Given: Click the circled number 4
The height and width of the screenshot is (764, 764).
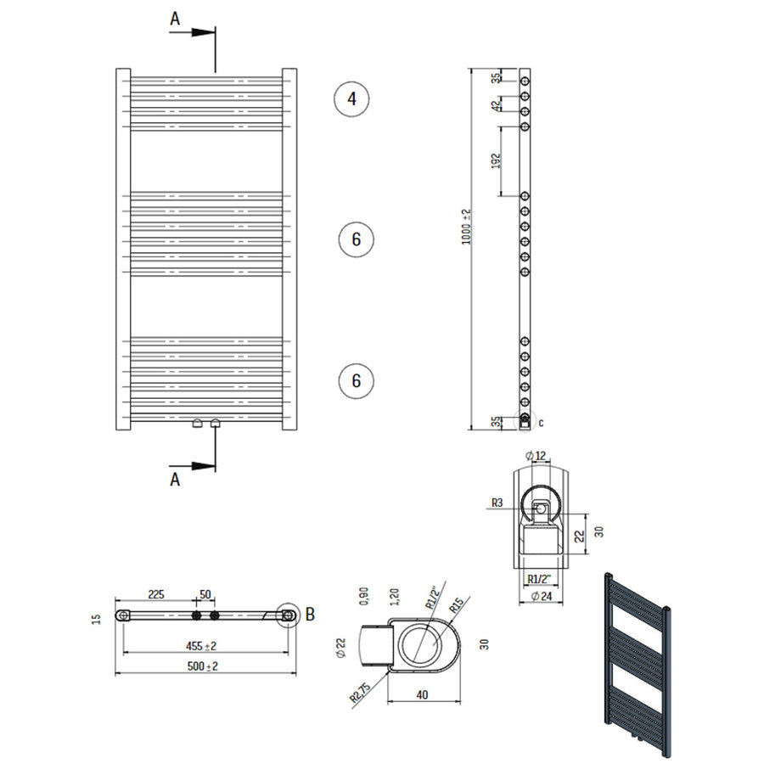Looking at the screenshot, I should pos(351,99).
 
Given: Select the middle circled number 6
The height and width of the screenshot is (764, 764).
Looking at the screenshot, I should pos(356,239).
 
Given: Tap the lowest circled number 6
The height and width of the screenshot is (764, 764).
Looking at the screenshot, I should pos(356,380).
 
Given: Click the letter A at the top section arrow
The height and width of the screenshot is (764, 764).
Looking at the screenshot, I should pos(176,18).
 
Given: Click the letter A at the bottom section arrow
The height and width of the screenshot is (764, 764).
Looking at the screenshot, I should pos(176,480).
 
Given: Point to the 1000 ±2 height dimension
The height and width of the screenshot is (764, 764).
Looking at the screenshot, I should pos(465,227).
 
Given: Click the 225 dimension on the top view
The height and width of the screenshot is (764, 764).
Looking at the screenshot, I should pos(156,594).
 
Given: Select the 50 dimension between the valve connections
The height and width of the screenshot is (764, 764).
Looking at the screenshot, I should pos(205,594).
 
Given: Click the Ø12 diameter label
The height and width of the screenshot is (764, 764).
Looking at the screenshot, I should pos(536,457).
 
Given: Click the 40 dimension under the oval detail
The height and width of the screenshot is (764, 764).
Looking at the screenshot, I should pos(423,694).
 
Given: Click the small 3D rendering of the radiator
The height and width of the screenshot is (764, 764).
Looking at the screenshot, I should pos(636,662).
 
